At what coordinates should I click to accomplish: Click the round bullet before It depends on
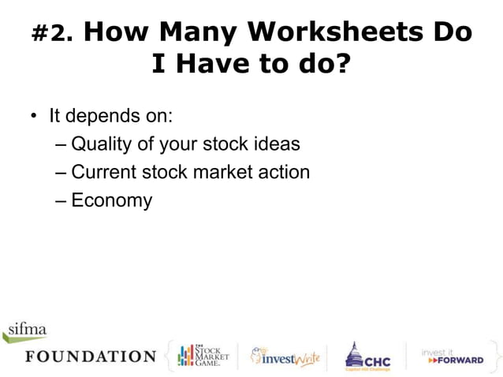(x=34, y=116)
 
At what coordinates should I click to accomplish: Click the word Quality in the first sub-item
(x=102, y=144)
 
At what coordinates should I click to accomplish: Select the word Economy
(x=111, y=200)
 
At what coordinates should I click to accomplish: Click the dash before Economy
(x=62, y=200)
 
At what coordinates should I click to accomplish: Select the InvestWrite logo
(x=285, y=356)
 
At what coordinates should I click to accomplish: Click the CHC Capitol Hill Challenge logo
(x=367, y=356)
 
